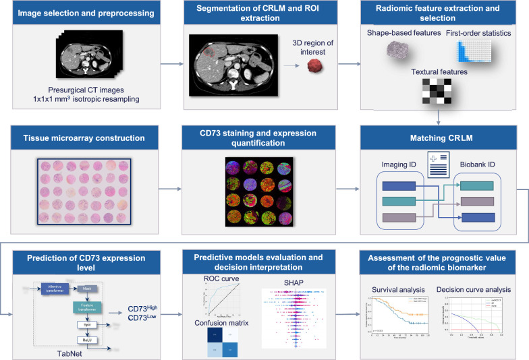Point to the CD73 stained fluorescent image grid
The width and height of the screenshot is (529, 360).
(x=263, y=194)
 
